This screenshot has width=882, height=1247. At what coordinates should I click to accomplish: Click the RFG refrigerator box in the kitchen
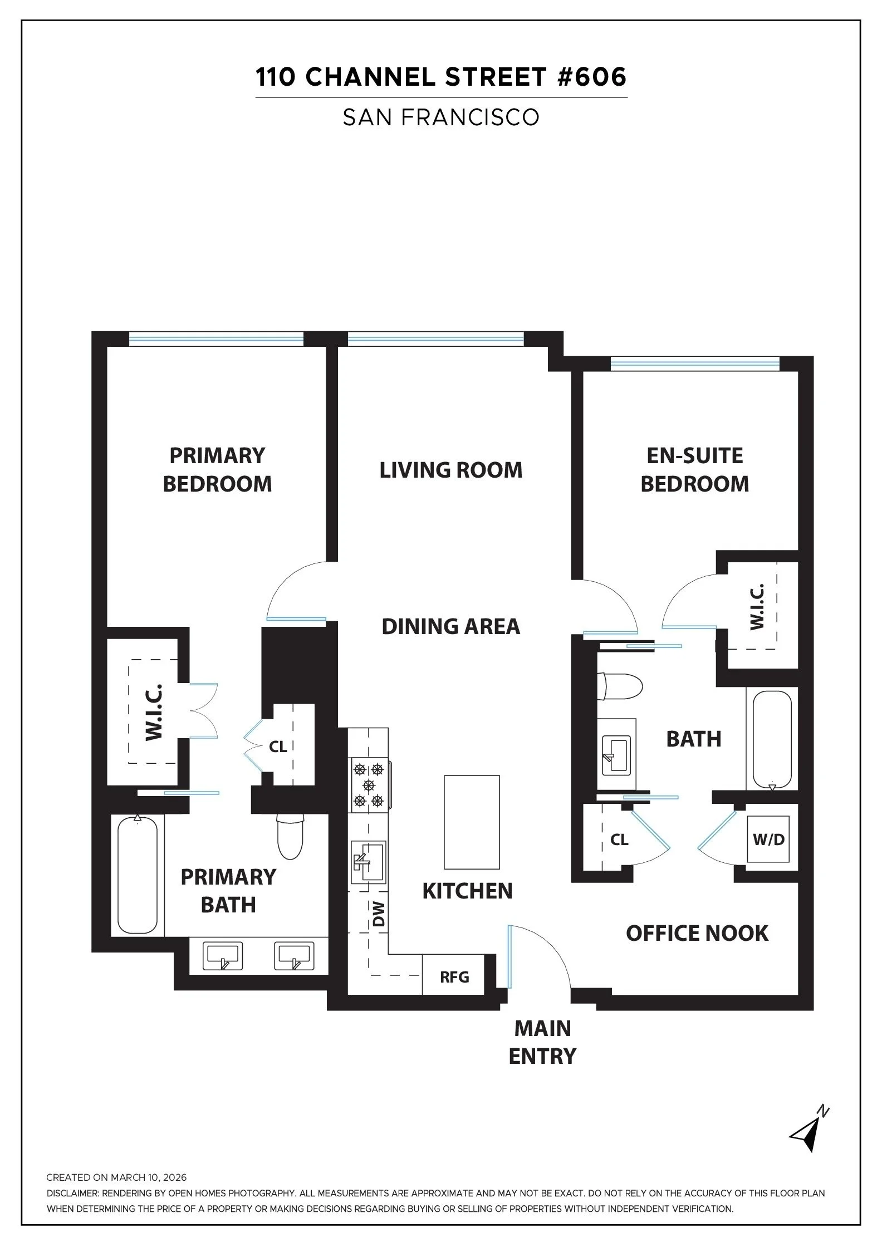(x=454, y=976)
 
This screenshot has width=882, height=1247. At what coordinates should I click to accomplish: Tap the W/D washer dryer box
(x=768, y=839)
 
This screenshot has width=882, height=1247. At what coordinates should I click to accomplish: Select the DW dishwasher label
(x=379, y=914)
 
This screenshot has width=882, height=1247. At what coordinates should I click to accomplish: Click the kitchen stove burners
(x=369, y=785)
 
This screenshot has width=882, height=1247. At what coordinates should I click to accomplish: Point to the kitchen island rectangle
(x=472, y=822)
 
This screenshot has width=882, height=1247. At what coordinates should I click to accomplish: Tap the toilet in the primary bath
(x=290, y=837)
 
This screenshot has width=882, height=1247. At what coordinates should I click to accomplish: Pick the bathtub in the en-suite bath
(x=772, y=739)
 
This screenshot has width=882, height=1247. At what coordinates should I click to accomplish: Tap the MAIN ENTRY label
(x=542, y=1042)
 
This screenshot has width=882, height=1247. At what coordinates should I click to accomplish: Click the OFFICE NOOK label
(x=697, y=933)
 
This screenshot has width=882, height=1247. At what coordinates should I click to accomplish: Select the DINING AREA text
(x=450, y=626)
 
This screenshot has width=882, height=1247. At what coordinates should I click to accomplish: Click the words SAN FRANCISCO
(x=441, y=117)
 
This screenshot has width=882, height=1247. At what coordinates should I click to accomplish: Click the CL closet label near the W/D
(x=619, y=839)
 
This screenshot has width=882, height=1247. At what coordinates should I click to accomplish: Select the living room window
(x=435, y=338)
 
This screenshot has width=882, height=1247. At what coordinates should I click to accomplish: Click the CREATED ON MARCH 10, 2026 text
(x=116, y=1177)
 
